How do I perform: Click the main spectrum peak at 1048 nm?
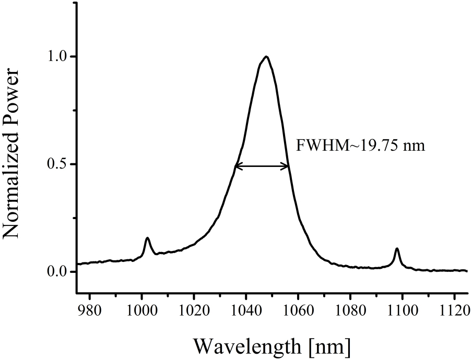(x=266, y=56)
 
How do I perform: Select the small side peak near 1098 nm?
(x=397, y=248)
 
